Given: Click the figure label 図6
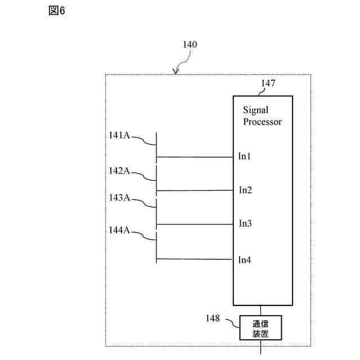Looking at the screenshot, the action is tap(57, 11).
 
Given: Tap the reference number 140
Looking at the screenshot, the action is tap(190, 44).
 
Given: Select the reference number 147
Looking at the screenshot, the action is tap(268, 83).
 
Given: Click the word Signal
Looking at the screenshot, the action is tap(255, 110).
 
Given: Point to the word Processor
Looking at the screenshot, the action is tap(263, 121).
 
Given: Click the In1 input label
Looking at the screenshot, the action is tap(244, 156).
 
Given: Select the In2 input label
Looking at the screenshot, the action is tap(245, 190).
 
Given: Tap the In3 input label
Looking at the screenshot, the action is tap(245, 223).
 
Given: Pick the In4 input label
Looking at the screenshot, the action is tap(245, 260).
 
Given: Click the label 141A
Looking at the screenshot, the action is tap(119, 135).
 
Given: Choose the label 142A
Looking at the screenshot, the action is tap(119, 171).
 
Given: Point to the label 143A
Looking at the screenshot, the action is tap(119, 197).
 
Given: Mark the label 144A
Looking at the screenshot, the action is tap(119, 230).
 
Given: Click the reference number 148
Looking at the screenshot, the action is tap(213, 318).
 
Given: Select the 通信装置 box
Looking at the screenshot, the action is tap(260, 327).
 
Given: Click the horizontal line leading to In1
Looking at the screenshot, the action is tap(195, 157).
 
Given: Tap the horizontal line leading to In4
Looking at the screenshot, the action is tap(194, 259).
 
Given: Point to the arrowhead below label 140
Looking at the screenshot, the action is tap(175, 72).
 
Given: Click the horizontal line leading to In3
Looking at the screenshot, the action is tap(195, 224).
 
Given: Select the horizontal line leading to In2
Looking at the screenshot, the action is tap(195, 191).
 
